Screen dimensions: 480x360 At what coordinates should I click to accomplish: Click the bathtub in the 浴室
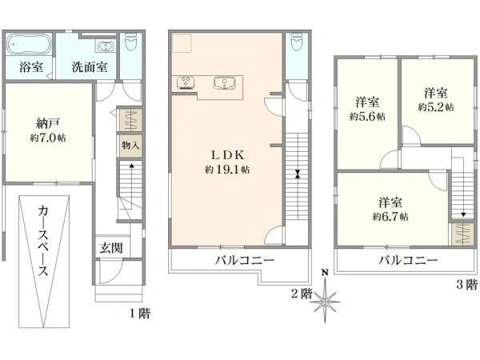[x=30, y=45]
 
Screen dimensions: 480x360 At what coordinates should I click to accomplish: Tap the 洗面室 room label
[x=90, y=67]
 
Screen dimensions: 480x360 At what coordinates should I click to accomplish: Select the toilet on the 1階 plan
[x=130, y=43]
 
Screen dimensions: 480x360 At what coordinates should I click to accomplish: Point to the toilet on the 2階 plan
[x=296, y=43]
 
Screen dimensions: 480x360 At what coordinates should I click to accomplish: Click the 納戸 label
[x=47, y=123]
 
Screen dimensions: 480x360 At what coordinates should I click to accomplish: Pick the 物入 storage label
[x=130, y=145]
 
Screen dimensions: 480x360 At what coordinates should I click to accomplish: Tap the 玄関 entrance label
[x=111, y=248]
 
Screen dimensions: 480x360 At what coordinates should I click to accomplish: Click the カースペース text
[x=43, y=241]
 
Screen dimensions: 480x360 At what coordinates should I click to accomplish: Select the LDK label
[x=228, y=155]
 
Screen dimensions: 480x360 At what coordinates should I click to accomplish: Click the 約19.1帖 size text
[x=227, y=170]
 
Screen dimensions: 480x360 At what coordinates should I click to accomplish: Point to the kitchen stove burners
[x=186, y=83]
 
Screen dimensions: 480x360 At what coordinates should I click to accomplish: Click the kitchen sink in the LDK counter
[x=224, y=83]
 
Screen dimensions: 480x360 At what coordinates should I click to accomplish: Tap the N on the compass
[x=325, y=272]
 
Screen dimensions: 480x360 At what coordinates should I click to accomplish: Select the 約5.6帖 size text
[x=367, y=116]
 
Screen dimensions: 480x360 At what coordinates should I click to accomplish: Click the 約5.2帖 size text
[x=436, y=107]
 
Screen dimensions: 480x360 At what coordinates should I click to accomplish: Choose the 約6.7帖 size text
[x=390, y=217]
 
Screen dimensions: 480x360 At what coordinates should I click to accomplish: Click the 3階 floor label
[x=467, y=285]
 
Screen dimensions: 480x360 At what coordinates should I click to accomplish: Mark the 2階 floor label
[x=302, y=294]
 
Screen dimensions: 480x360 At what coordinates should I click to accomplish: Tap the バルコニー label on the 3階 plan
[x=408, y=261]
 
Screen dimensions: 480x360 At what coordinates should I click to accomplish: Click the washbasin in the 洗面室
[x=106, y=46]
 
